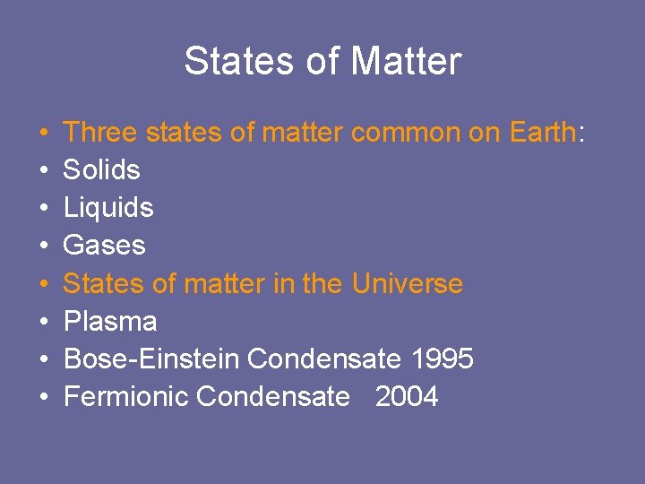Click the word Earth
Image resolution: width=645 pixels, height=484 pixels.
pos(534,133)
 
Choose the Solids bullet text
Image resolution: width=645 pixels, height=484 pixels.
pos(102,170)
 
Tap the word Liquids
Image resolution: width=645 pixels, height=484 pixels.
pos(108,208)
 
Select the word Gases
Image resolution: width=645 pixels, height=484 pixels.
pos(104,246)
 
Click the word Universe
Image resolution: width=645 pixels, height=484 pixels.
pos(407,284)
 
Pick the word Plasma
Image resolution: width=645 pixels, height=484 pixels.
pos(110,322)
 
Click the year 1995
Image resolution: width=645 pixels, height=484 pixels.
pos(442,359)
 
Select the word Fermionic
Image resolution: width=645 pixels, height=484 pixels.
pos(126,397)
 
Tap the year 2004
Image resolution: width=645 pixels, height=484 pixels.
pos(407,397)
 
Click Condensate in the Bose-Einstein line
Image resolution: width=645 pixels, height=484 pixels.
pos(323,359)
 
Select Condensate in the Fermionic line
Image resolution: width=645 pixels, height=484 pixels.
pos(272,397)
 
